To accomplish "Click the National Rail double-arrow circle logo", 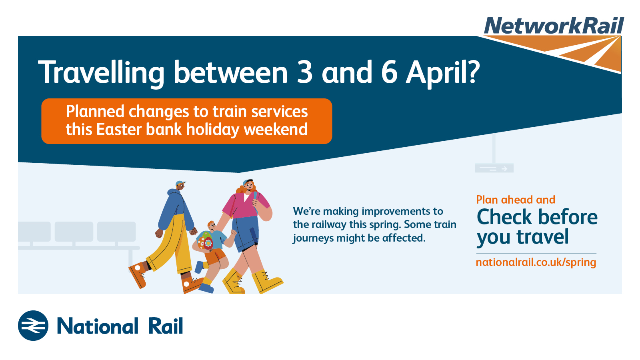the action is [x=33, y=326].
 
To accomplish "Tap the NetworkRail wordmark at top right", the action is [x=554, y=26].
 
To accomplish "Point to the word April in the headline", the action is [x=442, y=74].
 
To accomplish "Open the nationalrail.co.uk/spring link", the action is [x=536, y=262].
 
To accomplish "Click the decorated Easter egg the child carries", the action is [x=205, y=240].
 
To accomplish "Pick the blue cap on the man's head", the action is [x=180, y=183].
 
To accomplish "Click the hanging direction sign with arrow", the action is [x=494, y=168].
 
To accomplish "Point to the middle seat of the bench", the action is [x=74, y=232].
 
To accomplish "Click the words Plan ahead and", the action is [x=516, y=200].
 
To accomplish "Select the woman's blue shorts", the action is [x=246, y=232].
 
